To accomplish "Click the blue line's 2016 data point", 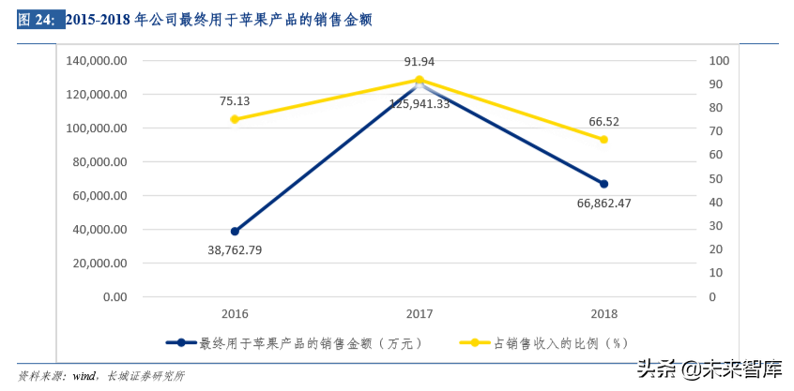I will click(x=235, y=231).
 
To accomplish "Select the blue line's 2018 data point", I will click(x=603, y=184).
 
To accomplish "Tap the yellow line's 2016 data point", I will click(x=235, y=119).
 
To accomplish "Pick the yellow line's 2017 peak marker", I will click(x=420, y=80).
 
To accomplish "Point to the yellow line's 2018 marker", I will click(x=603, y=140).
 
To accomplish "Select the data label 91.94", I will click(x=420, y=62).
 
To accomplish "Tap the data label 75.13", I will click(x=235, y=101).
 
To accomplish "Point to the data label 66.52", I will click(x=603, y=122).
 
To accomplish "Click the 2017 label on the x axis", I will click(x=420, y=314).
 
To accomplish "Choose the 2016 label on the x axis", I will click(x=235, y=314).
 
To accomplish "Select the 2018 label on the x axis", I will click(x=603, y=314).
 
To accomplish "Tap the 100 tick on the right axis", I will click(x=719, y=61).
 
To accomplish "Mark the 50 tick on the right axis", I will click(x=716, y=179).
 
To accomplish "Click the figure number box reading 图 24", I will click(x=37, y=19).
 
